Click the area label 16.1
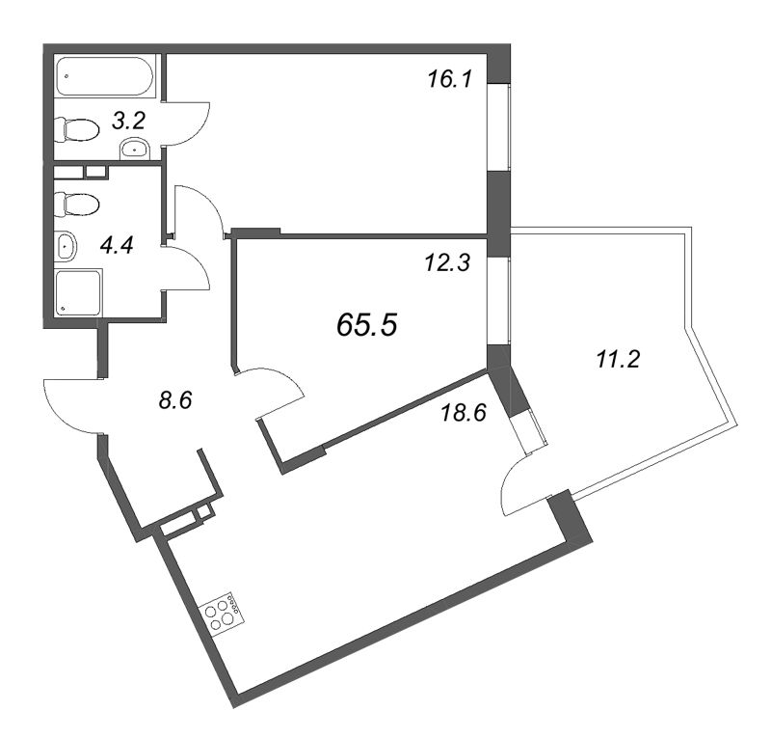[450, 79]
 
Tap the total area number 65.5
[367, 325]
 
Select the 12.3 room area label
[447, 262]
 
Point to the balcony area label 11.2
[618, 360]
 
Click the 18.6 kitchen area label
[464, 412]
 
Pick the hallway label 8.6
[175, 400]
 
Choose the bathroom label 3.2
[128, 122]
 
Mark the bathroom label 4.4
[117, 245]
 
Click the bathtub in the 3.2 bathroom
[105, 76]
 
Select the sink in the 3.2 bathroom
[135, 149]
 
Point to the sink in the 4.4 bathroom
[66, 246]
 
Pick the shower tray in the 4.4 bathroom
[78, 292]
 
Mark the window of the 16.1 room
[498, 127]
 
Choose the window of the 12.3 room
[498, 300]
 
